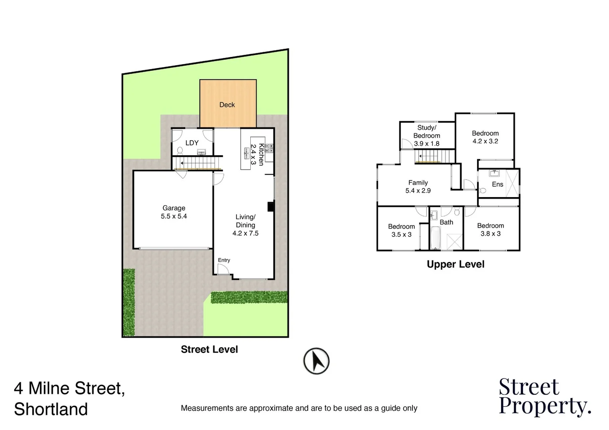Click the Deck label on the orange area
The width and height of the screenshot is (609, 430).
(227, 105)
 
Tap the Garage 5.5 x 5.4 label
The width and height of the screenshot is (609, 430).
(174, 212)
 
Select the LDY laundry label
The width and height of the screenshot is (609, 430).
(192, 143)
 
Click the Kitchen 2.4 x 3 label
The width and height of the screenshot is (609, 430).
(257, 154)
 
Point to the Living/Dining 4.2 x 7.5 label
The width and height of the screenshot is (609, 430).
(246, 225)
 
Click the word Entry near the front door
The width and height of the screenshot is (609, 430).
(224, 260)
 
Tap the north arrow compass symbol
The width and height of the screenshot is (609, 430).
(316, 361)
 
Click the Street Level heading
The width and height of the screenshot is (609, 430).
(209, 349)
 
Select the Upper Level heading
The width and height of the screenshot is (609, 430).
(456, 264)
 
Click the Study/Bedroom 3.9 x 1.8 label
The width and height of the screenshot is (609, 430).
(426, 135)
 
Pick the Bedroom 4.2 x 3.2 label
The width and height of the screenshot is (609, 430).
(485, 137)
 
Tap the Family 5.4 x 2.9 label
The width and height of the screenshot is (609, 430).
(418, 186)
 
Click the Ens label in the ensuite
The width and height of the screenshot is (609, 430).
(497, 184)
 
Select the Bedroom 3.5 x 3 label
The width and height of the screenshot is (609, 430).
(401, 231)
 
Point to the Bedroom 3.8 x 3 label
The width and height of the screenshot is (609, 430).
(490, 229)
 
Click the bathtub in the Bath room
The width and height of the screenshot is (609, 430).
(435, 238)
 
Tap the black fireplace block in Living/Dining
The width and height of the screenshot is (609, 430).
(271, 207)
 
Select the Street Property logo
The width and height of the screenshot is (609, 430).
(544, 397)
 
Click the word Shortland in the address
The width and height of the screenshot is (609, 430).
(51, 409)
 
